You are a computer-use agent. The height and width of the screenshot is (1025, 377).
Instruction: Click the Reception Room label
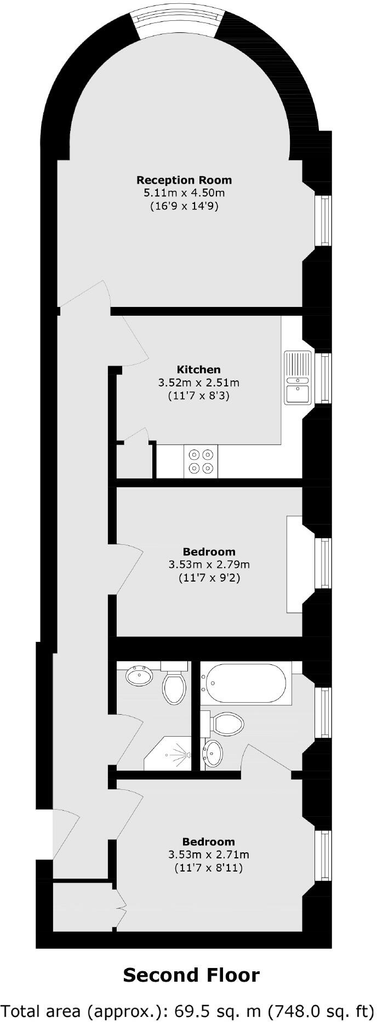point(184,180)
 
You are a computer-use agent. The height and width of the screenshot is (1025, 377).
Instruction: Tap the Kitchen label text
point(198,369)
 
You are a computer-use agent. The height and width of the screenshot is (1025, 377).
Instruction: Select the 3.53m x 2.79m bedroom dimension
point(209,565)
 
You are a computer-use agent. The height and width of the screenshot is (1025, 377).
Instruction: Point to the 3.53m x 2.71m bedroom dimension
point(209,855)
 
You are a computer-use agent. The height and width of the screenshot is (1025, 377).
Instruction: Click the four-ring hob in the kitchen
point(201,461)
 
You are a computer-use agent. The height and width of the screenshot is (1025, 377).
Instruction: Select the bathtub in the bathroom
point(244,683)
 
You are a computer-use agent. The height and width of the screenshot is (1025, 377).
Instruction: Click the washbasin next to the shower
point(213,753)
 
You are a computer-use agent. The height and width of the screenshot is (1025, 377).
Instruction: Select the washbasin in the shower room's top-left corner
point(140,676)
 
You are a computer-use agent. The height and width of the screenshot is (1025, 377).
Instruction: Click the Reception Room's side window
point(326,220)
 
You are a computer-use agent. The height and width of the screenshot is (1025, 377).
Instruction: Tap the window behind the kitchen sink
point(326,377)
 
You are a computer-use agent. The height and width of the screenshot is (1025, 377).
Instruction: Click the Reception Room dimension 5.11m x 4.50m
point(184,193)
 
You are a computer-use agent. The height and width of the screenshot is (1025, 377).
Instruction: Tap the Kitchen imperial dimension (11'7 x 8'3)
point(198,395)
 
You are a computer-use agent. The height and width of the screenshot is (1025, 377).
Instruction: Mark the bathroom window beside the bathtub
point(326,711)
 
